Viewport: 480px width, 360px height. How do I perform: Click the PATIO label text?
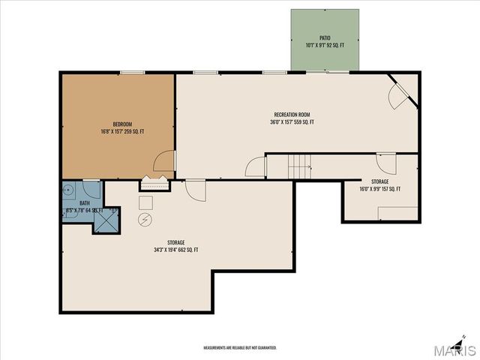[324, 37]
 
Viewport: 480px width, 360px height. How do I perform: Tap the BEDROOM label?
[123, 124]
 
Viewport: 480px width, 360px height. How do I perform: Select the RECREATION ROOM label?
[292, 114]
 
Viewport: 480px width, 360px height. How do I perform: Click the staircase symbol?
[300, 166]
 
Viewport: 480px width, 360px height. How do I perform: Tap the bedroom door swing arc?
[164, 161]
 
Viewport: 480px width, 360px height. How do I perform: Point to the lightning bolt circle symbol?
[145, 219]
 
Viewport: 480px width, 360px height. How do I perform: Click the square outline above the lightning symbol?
[145, 202]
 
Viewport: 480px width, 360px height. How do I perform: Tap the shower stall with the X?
[106, 220]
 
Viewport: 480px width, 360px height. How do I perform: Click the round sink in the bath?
[67, 190]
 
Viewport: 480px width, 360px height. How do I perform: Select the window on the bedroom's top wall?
[133, 73]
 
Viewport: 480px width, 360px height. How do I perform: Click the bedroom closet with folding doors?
[155, 182]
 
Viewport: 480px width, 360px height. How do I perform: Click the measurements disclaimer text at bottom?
[240, 348]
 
